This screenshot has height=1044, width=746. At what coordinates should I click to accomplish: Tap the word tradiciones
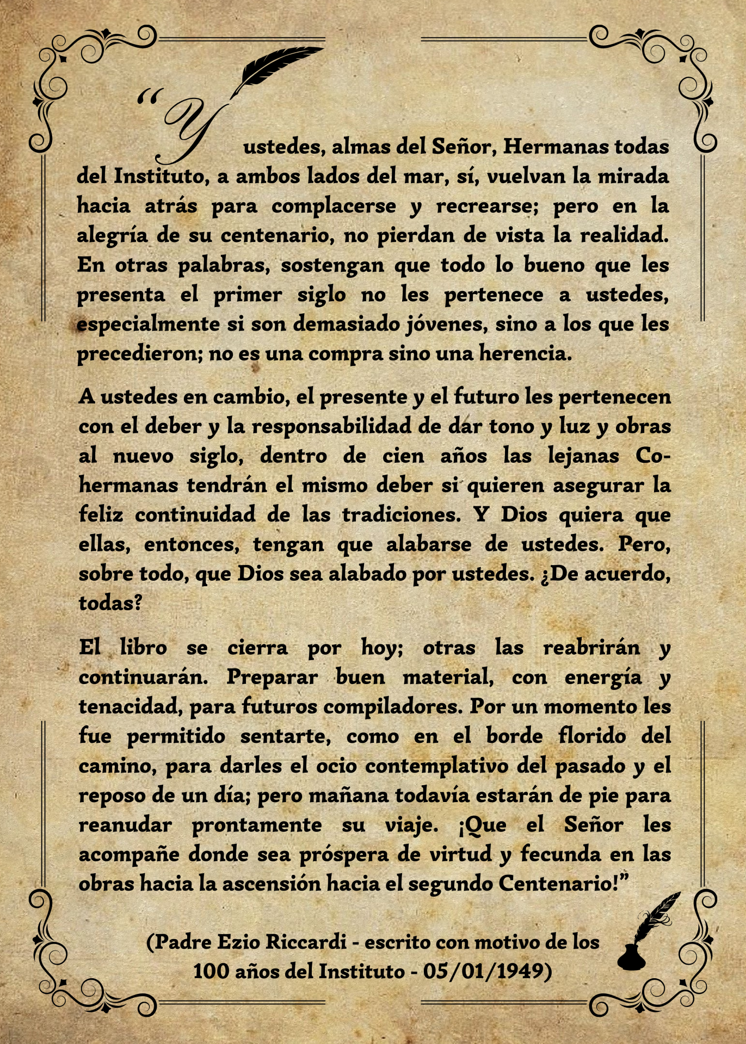coord(401,514)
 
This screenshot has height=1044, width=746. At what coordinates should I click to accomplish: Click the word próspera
coord(343,854)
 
